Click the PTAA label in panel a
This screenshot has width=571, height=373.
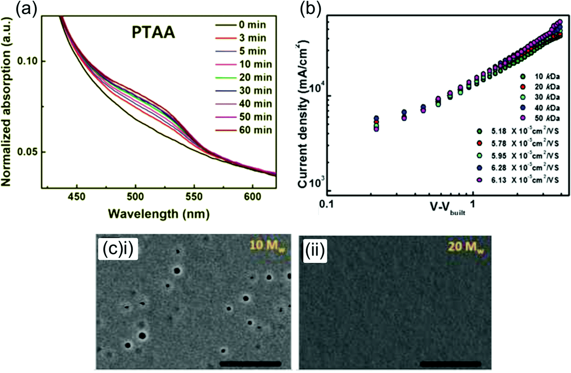(x=153, y=33)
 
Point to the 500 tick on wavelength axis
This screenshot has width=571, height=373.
(x=135, y=197)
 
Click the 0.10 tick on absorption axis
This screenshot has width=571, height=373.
(x=27, y=61)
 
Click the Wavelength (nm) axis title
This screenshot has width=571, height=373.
(x=158, y=214)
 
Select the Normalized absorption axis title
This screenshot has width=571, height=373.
(x=6, y=101)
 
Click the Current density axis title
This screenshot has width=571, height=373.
(x=303, y=114)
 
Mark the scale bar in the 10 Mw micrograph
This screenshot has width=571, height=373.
(x=250, y=364)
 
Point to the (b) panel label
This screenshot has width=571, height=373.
(x=310, y=9)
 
